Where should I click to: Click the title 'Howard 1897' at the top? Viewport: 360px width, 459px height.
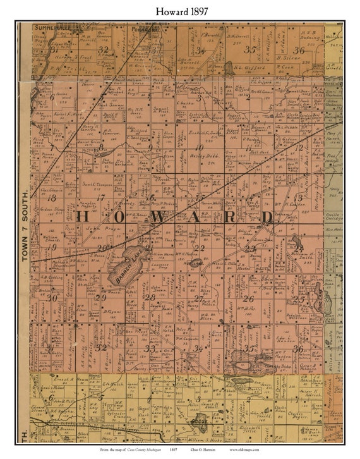tap(179, 10)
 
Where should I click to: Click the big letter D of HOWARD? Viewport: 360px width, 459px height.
tap(267, 217)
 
